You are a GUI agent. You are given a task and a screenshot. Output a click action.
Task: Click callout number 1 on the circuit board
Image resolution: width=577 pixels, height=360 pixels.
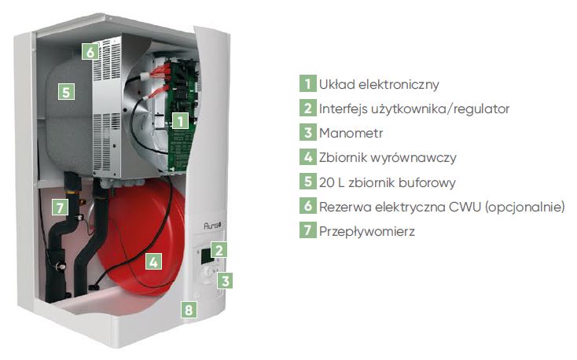tap(180, 121)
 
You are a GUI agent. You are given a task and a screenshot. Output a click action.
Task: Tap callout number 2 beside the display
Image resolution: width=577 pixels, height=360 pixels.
tap(219, 250)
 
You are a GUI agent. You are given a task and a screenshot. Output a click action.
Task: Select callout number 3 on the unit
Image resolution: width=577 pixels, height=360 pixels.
tap(225, 281)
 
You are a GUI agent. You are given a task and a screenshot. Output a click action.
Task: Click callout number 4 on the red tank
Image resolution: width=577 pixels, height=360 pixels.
tap(153, 261)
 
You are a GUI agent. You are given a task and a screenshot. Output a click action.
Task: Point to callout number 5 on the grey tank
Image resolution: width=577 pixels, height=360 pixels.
tap(66, 92)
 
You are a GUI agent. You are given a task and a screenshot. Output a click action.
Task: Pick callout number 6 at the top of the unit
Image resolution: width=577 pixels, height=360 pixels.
tap(90, 52)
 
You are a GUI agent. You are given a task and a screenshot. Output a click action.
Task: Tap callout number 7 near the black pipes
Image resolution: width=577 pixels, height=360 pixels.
tap(60, 208)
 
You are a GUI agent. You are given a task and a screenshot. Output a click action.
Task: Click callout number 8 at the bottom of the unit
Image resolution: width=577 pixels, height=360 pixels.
tap(189, 310)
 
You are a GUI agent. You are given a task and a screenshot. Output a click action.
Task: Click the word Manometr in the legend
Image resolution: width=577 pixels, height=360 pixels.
tap(351, 133)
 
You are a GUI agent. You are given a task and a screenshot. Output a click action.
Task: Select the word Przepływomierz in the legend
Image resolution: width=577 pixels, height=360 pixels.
tap(367, 231)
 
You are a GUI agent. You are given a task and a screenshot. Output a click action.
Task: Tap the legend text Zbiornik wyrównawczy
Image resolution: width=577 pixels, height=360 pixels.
tap(388, 157)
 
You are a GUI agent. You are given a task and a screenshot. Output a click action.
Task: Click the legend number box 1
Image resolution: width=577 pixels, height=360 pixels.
tap(307, 83)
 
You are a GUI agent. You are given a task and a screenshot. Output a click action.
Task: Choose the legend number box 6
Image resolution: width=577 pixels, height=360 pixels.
tap(307, 206)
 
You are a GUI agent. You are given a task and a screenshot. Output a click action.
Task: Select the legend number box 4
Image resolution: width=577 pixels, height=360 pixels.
tap(307, 157)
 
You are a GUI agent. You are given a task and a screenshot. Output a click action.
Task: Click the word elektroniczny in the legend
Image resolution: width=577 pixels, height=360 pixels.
tap(399, 84)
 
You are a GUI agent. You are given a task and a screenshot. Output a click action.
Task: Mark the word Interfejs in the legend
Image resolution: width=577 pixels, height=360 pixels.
tap(343, 108)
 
